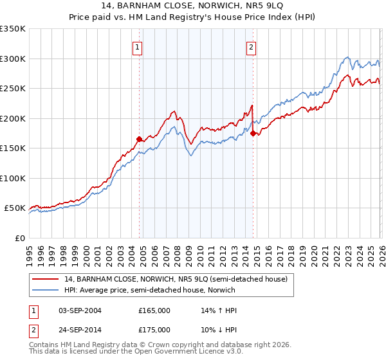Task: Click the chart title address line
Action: pyautogui.click(x=193, y=6)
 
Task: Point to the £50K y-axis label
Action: pyautogui.click(x=14, y=208)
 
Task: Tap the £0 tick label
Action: pyautogui.click(x=19, y=238)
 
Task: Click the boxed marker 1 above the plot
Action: pyautogui.click(x=138, y=46)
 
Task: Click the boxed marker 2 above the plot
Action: pyautogui.click(x=251, y=46)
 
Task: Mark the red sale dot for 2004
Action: pyautogui.click(x=139, y=138)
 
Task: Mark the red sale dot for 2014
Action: pyautogui.click(x=253, y=133)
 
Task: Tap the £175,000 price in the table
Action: pyautogui.click(x=154, y=330)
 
